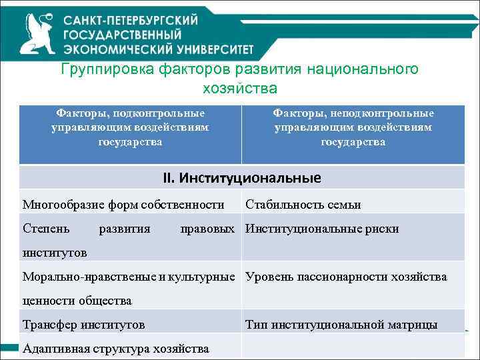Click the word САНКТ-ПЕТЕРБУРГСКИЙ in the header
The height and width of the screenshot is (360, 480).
[x=131, y=20]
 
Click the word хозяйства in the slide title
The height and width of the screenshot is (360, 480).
[x=239, y=88]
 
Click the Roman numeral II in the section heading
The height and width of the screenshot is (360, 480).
[x=168, y=178]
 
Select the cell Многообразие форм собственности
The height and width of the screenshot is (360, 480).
[x=123, y=204]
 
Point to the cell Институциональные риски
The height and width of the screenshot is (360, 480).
[x=322, y=229]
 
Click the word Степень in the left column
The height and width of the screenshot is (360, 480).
[x=45, y=229]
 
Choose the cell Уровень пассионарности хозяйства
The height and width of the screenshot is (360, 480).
[x=346, y=277]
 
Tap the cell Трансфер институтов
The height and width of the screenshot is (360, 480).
[x=83, y=325]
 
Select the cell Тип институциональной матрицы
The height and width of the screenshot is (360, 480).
[x=341, y=325]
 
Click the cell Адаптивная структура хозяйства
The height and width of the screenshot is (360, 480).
[x=115, y=349]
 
